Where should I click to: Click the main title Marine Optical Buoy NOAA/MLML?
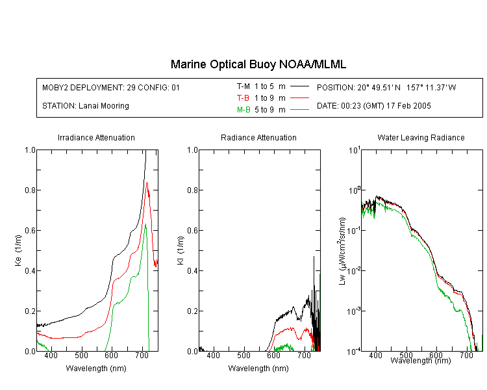click(258, 64)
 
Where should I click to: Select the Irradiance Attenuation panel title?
click(96, 137)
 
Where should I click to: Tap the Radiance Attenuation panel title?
click(258, 137)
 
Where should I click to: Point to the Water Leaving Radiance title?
click(421, 137)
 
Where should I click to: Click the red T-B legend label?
click(243, 98)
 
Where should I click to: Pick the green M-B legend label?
click(243, 110)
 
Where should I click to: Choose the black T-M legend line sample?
click(299, 86)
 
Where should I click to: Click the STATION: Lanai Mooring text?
click(86, 106)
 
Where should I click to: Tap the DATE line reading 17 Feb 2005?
click(373, 106)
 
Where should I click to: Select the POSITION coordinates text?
click(386, 87)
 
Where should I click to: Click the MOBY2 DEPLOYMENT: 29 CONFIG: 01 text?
click(111, 87)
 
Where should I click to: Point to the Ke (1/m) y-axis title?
click(18, 250)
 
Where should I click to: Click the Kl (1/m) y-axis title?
click(180, 250)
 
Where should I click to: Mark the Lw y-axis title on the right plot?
click(342, 251)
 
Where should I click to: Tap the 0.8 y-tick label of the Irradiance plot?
click(30, 190)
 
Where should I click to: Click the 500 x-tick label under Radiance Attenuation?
click(243, 355)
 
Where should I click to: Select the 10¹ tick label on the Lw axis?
click(355, 150)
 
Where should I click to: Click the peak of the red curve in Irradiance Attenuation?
click(147, 183)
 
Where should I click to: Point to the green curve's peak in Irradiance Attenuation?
click(145, 224)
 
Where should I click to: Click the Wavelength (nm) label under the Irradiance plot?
click(96, 369)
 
